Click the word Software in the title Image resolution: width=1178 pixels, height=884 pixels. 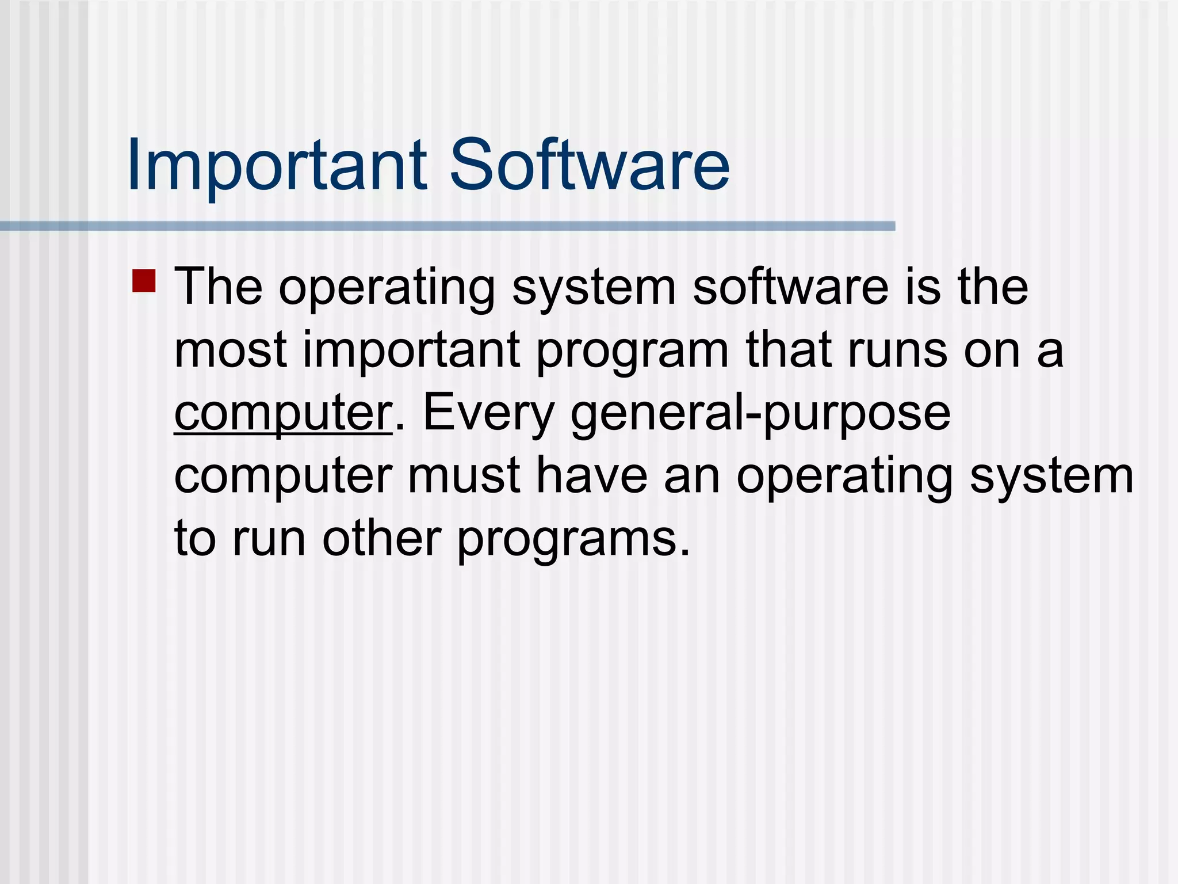tap(589, 165)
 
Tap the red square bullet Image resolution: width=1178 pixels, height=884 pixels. tap(144, 281)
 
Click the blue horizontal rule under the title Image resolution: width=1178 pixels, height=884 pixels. tap(449, 226)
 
